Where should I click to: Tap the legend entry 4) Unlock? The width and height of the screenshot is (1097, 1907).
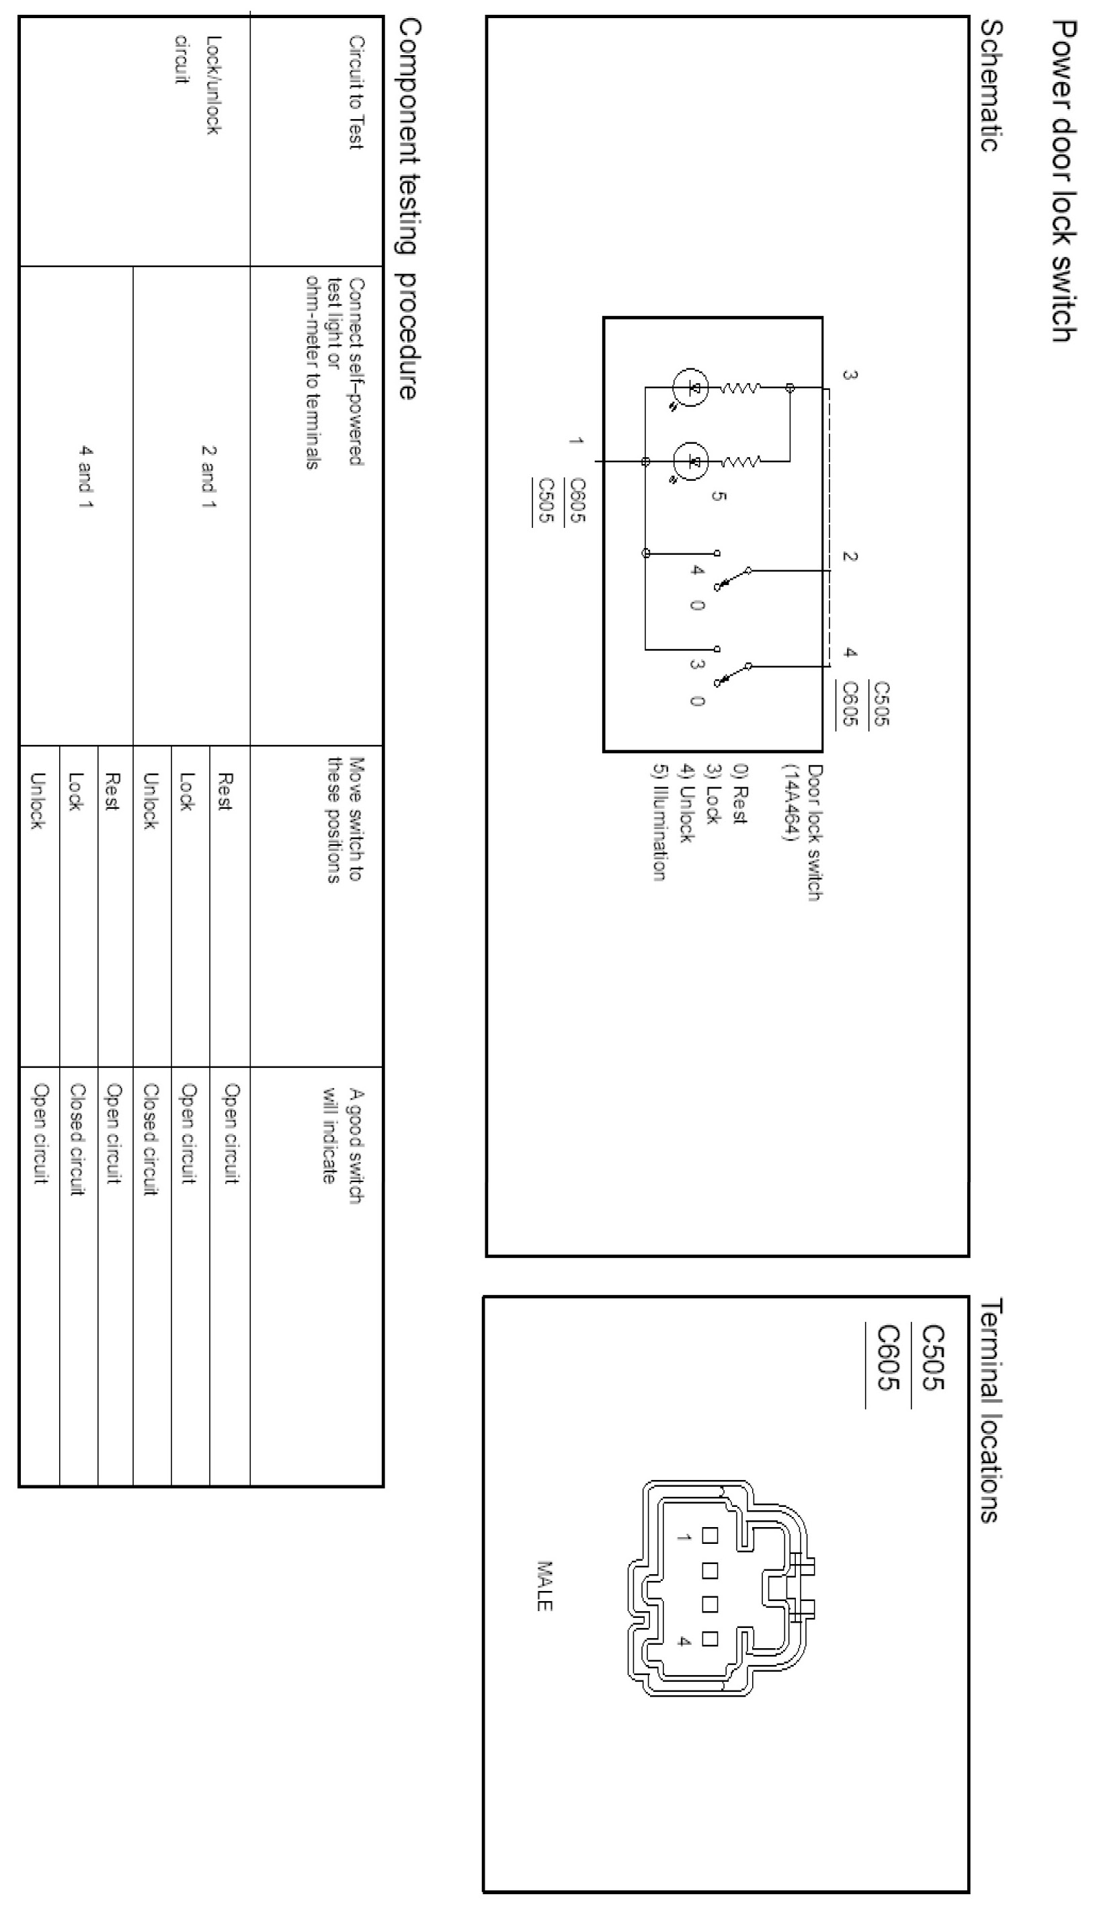pyautogui.click(x=685, y=803)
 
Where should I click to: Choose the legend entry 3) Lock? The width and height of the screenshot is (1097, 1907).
pyautogui.click(x=711, y=794)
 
